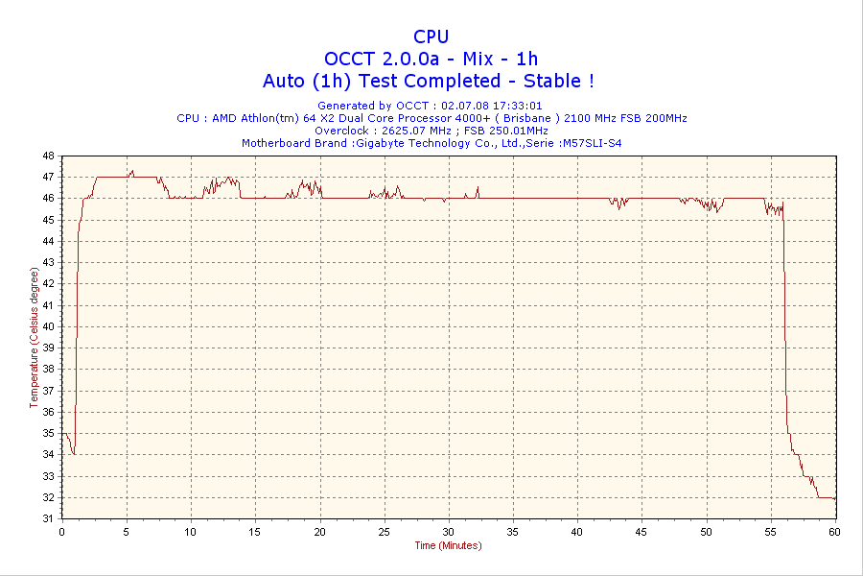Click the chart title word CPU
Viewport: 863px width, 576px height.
(x=431, y=36)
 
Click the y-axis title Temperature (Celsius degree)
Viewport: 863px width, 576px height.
(x=35, y=338)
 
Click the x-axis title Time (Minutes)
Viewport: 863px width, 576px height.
(x=448, y=545)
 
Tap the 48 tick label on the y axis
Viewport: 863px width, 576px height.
(x=49, y=156)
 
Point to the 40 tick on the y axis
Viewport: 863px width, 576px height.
(x=49, y=326)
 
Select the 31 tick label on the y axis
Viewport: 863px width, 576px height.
(x=49, y=518)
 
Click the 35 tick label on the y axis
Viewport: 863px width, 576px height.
(x=49, y=433)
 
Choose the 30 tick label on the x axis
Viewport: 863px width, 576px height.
(x=448, y=531)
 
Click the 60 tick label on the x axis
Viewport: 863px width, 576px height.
(x=834, y=531)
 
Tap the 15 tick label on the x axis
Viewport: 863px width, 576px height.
(x=255, y=531)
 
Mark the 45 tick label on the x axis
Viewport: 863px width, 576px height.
(x=641, y=531)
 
